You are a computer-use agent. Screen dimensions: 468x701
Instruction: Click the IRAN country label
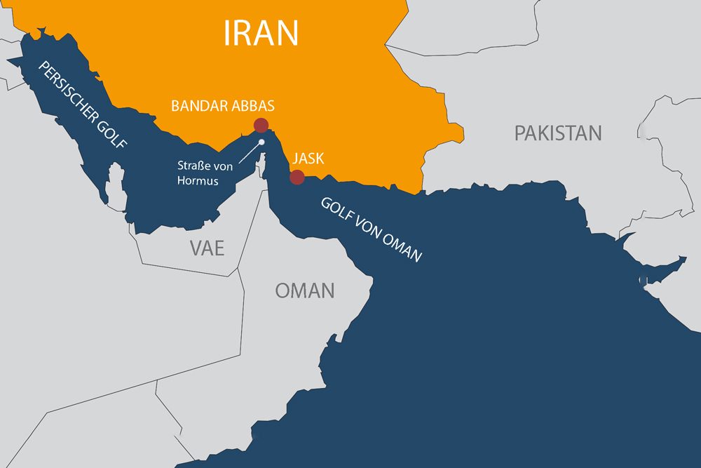click(261, 32)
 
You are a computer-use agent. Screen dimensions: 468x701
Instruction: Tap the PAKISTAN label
click(558, 133)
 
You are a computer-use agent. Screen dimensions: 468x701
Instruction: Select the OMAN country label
click(304, 290)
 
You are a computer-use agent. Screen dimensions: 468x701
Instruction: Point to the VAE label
click(207, 247)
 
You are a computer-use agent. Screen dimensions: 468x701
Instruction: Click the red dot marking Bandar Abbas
click(261, 126)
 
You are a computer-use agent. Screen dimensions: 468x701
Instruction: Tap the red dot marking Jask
click(297, 177)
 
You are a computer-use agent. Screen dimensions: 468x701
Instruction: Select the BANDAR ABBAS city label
click(223, 107)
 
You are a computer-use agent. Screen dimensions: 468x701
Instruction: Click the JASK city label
click(308, 158)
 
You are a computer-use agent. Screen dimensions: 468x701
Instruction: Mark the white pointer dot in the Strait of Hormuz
click(261, 142)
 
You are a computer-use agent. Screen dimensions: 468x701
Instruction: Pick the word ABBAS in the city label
click(252, 107)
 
